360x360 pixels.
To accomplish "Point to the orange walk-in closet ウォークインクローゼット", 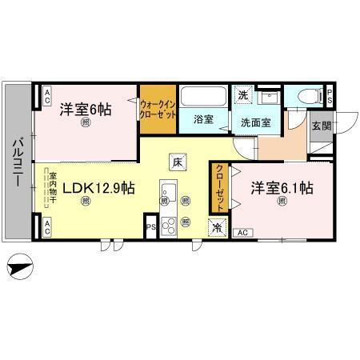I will (x=158, y=108).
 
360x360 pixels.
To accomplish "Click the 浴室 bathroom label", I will (x=203, y=120).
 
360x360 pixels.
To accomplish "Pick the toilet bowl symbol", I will (x=305, y=95).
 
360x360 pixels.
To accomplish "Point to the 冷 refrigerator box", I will (x=217, y=228).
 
